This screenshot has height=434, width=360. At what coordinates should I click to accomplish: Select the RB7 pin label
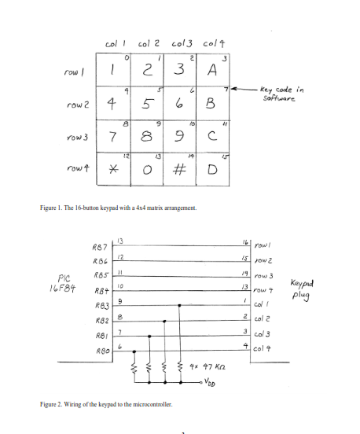point(100,248)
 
